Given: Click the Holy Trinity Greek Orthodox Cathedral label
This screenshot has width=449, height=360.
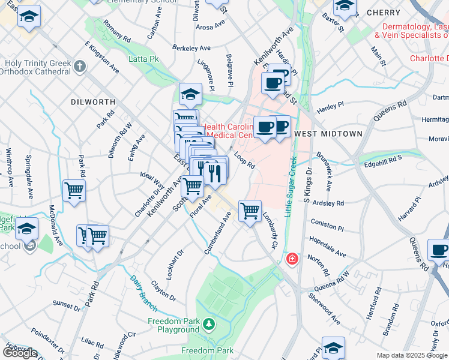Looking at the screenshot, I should [x=37, y=67].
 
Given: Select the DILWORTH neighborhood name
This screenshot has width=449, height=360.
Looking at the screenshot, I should [x=90, y=103].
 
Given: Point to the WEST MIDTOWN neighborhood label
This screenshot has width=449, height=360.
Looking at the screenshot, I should [x=328, y=133].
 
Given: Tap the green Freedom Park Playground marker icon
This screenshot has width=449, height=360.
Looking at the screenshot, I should [x=208, y=325].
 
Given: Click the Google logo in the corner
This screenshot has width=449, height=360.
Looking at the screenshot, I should [x=20, y=353].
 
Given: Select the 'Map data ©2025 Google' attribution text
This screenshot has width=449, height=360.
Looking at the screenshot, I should [x=412, y=355].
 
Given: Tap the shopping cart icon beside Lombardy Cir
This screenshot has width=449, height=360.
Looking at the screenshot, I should [x=250, y=211].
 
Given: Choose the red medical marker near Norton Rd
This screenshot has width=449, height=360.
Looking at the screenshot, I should [x=292, y=259].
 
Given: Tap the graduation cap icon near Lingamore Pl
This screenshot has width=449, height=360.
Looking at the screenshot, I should [x=190, y=94].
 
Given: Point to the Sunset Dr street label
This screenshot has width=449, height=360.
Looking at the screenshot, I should [x=66, y=306].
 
